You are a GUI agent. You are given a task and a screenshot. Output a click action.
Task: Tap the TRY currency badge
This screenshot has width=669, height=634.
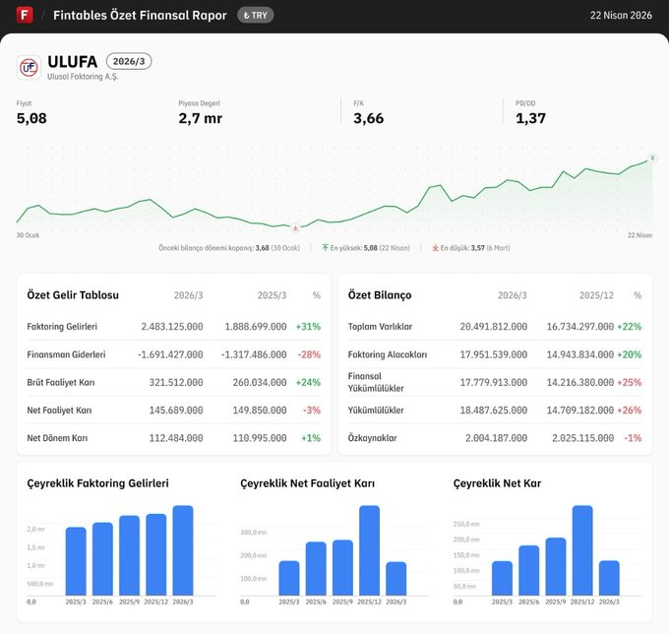click(x=256, y=16)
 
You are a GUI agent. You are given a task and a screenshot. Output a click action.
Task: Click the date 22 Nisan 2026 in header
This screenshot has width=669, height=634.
click(x=621, y=16)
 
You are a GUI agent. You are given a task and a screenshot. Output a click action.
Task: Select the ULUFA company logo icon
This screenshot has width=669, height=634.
click(x=30, y=67)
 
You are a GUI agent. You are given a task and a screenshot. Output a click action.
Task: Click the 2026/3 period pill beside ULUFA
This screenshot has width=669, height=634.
click(x=129, y=61)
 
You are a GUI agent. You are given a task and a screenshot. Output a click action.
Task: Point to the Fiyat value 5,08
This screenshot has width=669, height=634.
click(x=31, y=119)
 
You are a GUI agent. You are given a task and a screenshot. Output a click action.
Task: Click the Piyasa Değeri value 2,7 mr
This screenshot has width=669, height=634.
click(x=200, y=119)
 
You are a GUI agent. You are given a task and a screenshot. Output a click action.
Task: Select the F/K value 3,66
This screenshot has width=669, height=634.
click(x=368, y=119)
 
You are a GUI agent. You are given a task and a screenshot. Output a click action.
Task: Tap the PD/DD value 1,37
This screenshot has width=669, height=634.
click(x=530, y=119)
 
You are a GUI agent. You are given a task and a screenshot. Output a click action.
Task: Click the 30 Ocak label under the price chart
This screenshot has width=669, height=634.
click(x=28, y=236)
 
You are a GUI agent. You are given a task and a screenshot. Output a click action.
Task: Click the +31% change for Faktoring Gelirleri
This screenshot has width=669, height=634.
click(x=308, y=326)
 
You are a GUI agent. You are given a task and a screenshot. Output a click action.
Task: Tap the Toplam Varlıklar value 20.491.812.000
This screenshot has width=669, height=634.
click(x=493, y=326)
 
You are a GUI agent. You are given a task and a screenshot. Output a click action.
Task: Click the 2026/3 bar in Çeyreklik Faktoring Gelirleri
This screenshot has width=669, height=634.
click(x=183, y=550)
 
